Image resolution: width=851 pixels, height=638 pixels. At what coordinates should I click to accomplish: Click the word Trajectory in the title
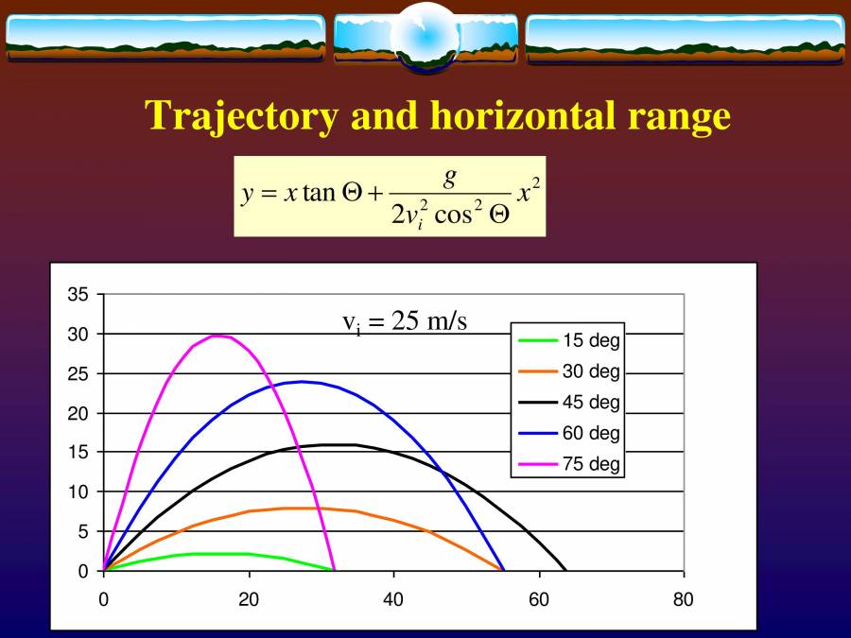(241, 115)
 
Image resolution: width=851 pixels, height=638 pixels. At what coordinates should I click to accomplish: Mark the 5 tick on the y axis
(83, 531)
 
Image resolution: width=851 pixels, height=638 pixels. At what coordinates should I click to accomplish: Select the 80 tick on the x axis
(684, 599)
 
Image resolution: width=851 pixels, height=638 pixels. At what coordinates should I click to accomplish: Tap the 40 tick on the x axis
(393, 599)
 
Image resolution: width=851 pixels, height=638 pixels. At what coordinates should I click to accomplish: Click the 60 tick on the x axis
(539, 599)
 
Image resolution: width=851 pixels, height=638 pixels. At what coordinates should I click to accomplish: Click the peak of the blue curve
(302, 382)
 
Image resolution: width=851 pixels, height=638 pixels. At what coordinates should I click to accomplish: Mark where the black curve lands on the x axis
(565, 571)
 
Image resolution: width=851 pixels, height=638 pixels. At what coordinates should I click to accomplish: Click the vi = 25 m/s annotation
(405, 322)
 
